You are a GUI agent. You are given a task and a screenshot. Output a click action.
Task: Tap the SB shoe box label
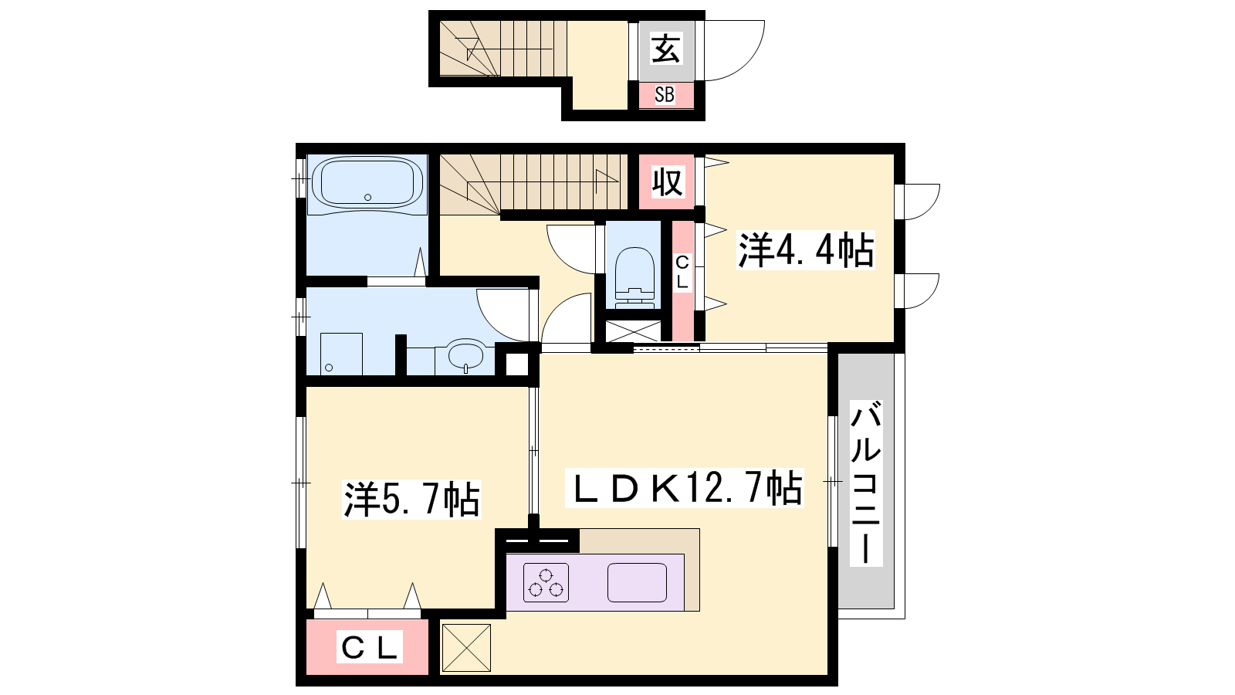coord(665,95)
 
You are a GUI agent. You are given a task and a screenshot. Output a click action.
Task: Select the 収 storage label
coord(667,181)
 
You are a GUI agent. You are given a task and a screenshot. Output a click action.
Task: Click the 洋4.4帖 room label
coord(806,250)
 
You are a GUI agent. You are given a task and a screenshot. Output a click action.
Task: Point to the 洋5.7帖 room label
coord(411,500)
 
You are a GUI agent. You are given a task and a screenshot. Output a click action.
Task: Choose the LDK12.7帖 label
coord(684,488)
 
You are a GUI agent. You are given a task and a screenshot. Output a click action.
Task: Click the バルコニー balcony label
coord(865,483)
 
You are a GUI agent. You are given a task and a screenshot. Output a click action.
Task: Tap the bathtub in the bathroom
coord(367,183)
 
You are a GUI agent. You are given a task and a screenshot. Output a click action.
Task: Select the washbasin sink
coord(466,355)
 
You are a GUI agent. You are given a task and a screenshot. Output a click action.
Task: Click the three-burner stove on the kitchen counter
coord(546,582)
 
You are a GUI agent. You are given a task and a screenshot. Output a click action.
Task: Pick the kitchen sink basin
coord(637,582)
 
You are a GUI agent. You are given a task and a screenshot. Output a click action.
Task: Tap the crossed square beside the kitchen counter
coord(466,648)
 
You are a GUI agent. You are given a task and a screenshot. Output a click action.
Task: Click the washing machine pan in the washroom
coord(341,354)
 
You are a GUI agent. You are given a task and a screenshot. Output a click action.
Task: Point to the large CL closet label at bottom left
coord(370,648)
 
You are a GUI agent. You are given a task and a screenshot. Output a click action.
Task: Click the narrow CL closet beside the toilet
coord(682,280)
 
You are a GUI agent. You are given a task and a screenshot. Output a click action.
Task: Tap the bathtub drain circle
coord(367,198)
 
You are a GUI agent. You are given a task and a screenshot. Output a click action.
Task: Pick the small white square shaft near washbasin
coord(516,364)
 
